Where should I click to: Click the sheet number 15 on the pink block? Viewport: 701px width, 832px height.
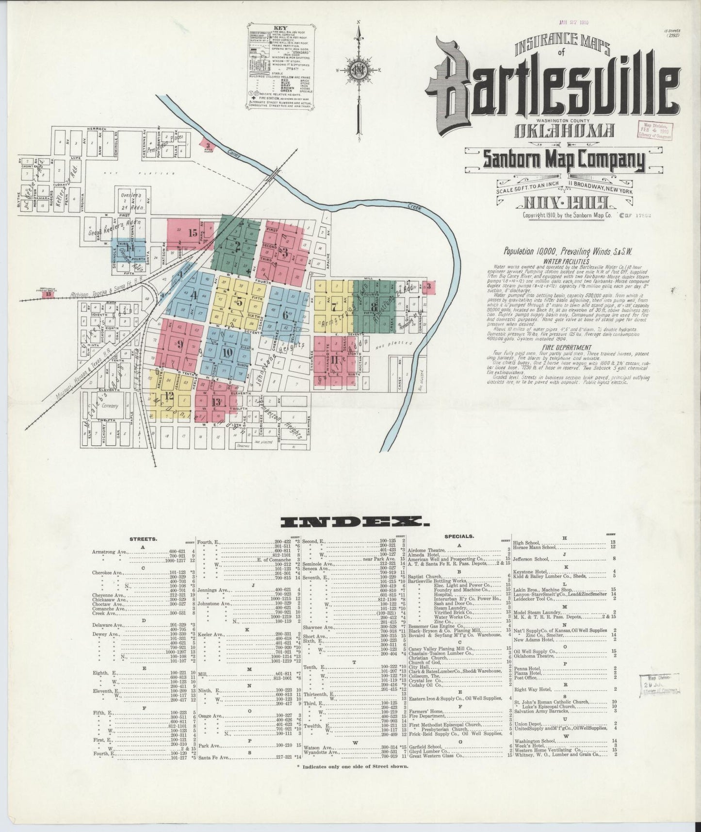pos(193,233)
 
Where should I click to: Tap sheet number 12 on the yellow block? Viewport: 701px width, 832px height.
pos(169,396)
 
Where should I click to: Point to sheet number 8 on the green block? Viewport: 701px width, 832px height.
pos(373,306)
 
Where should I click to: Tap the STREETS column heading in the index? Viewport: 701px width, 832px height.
pos(143,539)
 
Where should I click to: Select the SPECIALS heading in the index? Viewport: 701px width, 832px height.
pos(458,536)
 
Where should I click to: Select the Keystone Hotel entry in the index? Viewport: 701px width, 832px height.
pos(532,571)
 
